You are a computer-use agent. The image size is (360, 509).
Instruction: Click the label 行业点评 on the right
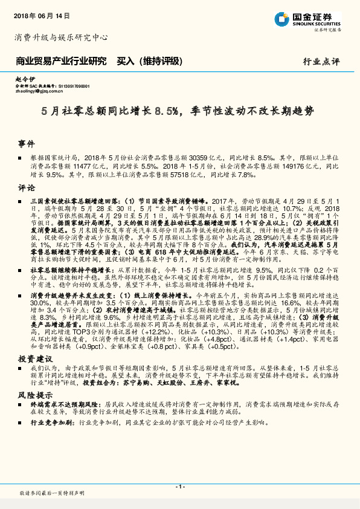click(x=321, y=61)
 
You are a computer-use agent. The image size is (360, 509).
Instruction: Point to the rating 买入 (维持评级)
click(x=149, y=61)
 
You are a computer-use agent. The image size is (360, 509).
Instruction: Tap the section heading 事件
click(x=26, y=144)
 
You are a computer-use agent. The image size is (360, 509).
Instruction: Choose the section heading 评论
click(x=26, y=187)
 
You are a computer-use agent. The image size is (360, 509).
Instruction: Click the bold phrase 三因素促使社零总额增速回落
click(x=69, y=200)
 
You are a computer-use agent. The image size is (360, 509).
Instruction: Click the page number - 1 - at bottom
click(x=179, y=487)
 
